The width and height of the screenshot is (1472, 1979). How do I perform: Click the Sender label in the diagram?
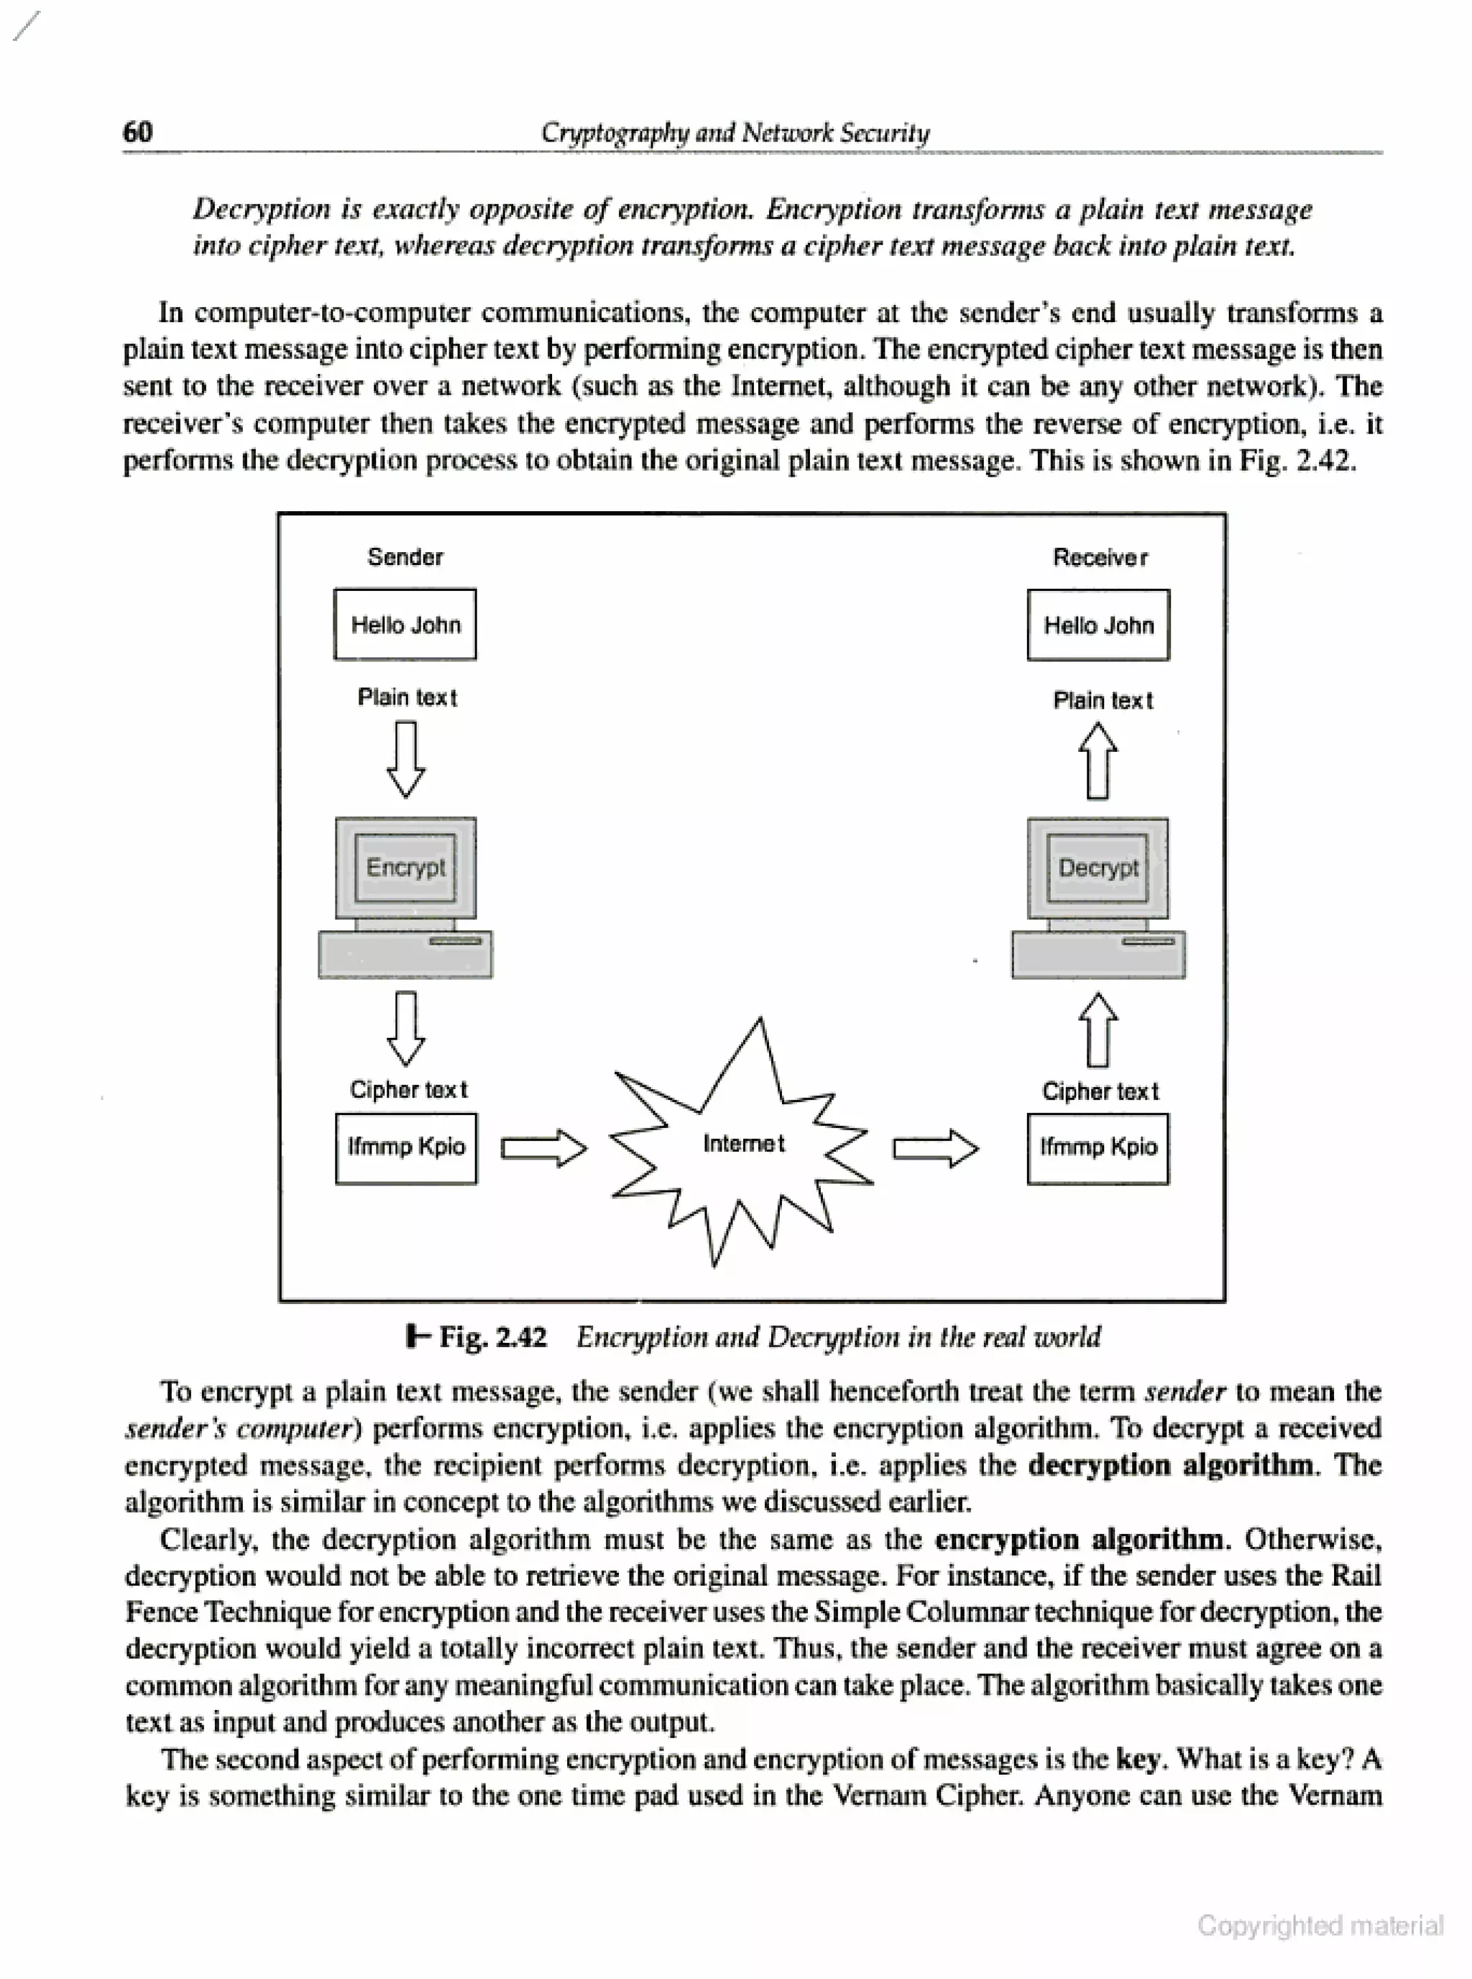tap(405, 557)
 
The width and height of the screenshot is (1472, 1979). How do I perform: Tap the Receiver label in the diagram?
tap(1100, 558)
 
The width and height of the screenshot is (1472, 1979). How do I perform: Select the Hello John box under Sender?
tap(405, 625)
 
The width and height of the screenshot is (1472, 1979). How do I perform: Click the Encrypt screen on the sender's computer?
tap(405, 867)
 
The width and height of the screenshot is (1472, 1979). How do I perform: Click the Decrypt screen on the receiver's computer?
tap(1098, 868)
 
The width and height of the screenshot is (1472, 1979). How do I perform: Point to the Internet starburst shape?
tap(742, 1143)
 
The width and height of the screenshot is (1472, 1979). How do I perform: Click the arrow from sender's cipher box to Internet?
tap(543, 1148)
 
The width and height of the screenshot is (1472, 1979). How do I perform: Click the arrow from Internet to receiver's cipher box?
tap(936, 1149)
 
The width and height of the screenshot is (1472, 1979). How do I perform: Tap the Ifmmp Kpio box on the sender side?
tap(405, 1148)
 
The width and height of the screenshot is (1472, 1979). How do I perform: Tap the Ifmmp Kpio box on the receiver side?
tap(1098, 1149)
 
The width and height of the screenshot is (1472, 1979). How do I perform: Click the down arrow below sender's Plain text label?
tap(405, 758)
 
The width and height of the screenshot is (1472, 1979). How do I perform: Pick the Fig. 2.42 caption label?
tap(492, 1336)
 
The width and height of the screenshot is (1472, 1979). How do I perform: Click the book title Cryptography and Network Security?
tap(735, 133)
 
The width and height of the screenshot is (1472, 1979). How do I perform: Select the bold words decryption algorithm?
tap(1170, 1465)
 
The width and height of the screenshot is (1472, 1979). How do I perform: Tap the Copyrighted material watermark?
tap(1320, 1926)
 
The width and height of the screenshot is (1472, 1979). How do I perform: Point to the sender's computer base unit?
tap(405, 955)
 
